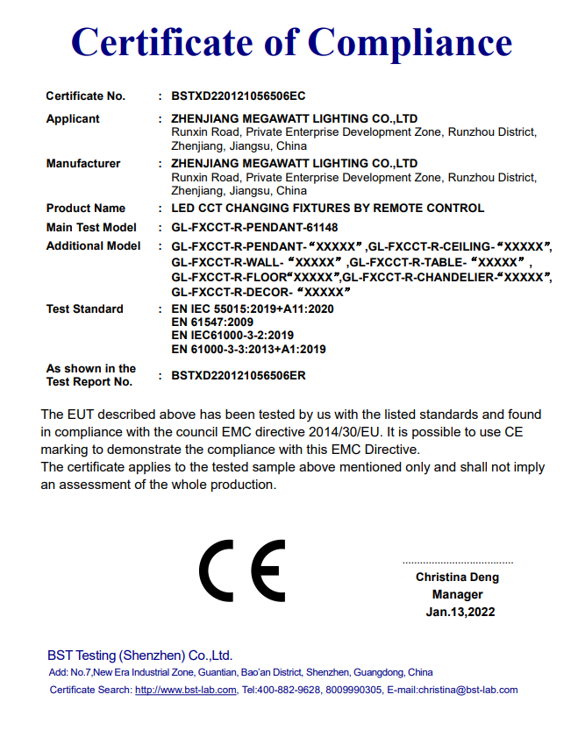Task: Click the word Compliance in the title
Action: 410,42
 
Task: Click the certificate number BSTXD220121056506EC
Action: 239,96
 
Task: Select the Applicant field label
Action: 73,119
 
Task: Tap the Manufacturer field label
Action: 83,164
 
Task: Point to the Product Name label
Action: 85,209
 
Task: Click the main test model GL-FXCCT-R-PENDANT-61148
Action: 254,228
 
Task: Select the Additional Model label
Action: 93,246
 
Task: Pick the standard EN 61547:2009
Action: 212,322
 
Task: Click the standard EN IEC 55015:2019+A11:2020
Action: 253,309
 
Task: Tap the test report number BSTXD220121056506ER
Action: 239,375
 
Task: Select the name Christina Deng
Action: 457,578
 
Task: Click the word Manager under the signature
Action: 458,595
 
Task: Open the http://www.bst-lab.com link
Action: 185,690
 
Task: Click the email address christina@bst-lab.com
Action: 469,690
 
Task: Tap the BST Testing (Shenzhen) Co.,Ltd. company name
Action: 140,656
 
